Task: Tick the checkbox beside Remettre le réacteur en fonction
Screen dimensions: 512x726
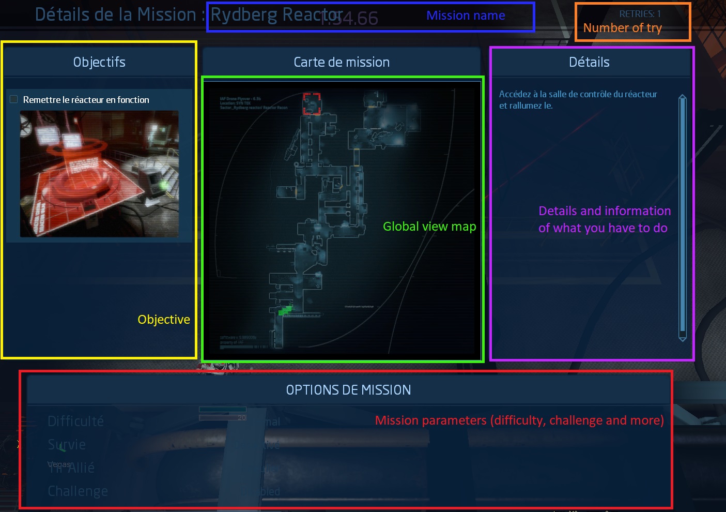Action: [14, 99]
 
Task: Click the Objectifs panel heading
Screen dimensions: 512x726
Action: [99, 62]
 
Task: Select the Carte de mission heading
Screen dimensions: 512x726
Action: [342, 62]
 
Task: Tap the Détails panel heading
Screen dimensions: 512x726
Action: [589, 62]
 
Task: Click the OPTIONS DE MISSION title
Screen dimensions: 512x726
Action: [349, 390]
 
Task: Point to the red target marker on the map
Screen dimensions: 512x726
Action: [312, 103]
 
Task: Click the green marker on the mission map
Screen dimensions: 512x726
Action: [285, 310]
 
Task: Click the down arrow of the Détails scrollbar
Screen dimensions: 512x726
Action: [683, 338]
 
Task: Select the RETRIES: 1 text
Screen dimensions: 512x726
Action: [640, 14]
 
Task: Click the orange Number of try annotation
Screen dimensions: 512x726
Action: [622, 28]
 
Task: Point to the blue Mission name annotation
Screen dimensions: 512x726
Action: [466, 16]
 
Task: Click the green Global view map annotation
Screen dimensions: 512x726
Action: [429, 227]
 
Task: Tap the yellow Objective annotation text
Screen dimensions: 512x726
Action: [164, 320]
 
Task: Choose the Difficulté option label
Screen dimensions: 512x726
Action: [76, 421]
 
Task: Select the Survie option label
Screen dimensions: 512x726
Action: [67, 445]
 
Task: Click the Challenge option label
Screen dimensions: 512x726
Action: [78, 491]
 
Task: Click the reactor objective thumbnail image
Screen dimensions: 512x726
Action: [99, 174]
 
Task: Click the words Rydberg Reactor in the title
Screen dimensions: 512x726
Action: [276, 15]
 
